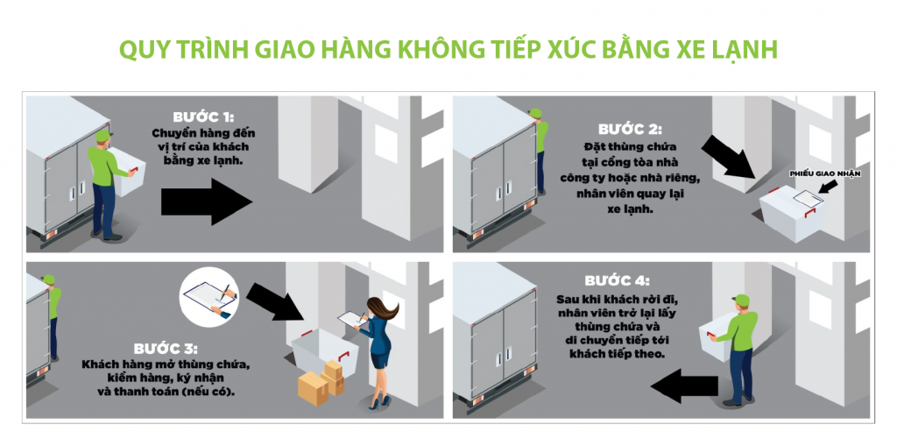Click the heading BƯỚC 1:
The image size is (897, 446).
(x=203, y=117)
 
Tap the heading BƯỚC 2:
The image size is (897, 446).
(x=629, y=130)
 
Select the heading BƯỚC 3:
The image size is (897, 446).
(x=166, y=349)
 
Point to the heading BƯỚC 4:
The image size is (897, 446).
(x=618, y=280)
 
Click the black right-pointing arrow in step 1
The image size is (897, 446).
(x=206, y=201)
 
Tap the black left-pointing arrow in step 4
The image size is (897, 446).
(x=684, y=386)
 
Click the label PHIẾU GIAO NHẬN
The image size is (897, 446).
(x=825, y=173)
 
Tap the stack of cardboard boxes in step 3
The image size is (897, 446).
(x=321, y=382)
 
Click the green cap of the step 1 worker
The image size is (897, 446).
(x=103, y=135)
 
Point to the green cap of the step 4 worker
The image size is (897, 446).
(x=740, y=300)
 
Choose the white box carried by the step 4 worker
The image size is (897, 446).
(x=717, y=338)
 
